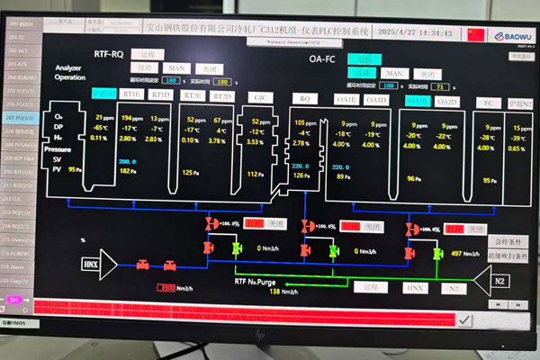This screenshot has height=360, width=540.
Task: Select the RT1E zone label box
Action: click(132, 94)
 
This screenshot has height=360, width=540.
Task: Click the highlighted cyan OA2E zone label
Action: click(417, 101)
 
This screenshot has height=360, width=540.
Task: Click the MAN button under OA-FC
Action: click(392, 72)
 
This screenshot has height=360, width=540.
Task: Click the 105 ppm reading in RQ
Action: click(306, 121)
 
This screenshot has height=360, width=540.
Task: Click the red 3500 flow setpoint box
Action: click(166, 288)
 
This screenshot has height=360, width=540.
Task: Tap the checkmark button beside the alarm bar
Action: click(464, 319)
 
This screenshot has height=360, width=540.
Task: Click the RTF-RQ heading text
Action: click(109, 55)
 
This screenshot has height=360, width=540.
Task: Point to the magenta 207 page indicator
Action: click(14, 299)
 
